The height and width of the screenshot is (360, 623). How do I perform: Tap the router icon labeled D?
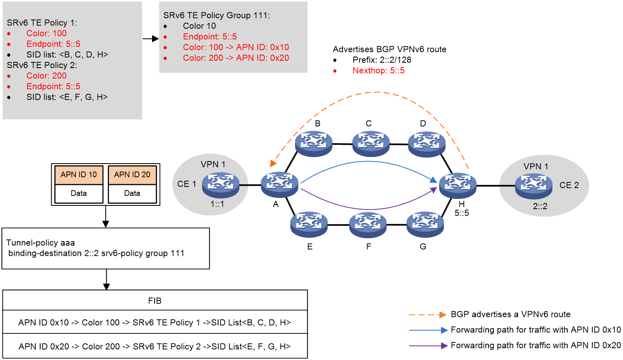(x=427, y=144)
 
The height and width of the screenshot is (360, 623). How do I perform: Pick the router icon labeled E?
(x=309, y=225)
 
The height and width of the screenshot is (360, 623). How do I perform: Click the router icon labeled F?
(x=368, y=225)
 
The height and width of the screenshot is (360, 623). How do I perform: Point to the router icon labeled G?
(x=425, y=225)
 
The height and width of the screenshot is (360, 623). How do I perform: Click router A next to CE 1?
(x=280, y=185)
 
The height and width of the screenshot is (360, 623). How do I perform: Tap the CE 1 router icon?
(x=221, y=185)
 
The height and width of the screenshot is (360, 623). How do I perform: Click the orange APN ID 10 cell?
(x=79, y=175)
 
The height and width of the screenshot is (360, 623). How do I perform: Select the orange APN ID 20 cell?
(x=132, y=175)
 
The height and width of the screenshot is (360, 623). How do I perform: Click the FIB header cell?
(x=155, y=301)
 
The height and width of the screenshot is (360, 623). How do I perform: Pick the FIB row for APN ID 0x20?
(x=155, y=346)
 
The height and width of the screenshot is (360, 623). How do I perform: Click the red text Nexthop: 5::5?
(x=379, y=71)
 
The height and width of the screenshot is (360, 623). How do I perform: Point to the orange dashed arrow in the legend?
(x=428, y=314)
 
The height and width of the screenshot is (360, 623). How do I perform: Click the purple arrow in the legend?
(x=428, y=346)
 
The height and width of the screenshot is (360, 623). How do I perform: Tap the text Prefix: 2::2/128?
(x=382, y=60)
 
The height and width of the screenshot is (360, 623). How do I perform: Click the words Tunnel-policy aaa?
(x=41, y=243)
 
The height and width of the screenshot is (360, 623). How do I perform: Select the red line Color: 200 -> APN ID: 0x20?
(x=236, y=58)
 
